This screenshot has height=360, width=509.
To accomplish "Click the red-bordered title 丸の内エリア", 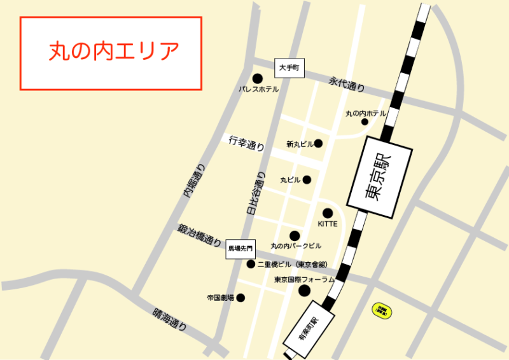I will pos(111,53).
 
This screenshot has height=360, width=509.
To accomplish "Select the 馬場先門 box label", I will pos(241,250).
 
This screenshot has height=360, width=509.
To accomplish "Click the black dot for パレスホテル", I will pos(258,78).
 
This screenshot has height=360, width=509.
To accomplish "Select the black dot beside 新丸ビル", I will pos(319,144).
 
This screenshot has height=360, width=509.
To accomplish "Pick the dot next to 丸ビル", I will pos(307,180).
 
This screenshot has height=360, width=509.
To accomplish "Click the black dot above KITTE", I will pos(328,213).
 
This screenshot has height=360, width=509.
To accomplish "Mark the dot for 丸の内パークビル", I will pos(295,235).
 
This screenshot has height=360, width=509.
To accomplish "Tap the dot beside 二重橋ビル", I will pos(251,264).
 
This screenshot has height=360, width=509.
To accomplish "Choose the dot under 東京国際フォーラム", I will pos(304,291).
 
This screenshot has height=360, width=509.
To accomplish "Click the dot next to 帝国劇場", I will pos(241,298).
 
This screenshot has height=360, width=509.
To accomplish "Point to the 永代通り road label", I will pos(347,83).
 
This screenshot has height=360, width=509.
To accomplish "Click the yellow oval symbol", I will pos(382,311).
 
